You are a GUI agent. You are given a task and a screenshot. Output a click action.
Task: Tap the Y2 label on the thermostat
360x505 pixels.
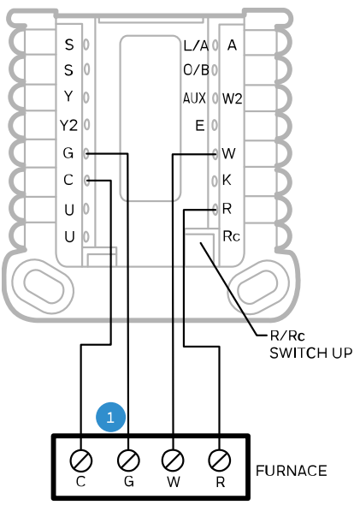[x=68, y=126]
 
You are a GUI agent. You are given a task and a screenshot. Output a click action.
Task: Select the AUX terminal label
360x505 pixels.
[x=194, y=98]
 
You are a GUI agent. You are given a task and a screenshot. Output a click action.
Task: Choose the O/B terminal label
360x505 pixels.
[x=195, y=71]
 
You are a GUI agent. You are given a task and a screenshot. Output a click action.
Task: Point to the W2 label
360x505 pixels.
[x=233, y=98]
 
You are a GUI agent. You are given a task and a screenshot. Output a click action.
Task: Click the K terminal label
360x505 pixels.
[x=227, y=181]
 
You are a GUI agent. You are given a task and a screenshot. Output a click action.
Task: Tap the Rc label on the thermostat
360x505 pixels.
[x=229, y=235]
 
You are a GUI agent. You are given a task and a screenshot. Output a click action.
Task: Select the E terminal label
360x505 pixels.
[x=199, y=126]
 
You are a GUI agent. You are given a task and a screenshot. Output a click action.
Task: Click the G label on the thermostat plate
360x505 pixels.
[x=68, y=153]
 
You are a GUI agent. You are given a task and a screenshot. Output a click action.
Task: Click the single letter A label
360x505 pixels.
[x=232, y=44]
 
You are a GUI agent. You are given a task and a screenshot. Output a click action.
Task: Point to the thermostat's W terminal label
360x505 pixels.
[x=227, y=153]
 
